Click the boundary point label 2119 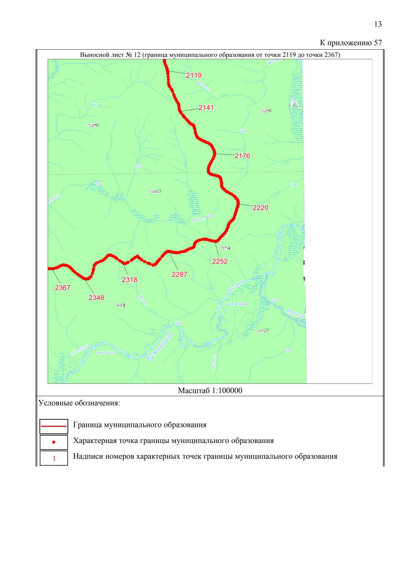point(194,76)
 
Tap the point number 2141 point(206,108)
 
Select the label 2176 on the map point(242,156)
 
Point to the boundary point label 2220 point(260,208)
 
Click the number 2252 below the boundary point(220,261)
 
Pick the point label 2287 point(179,274)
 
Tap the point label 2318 point(129,280)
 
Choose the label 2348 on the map point(96,298)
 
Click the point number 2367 point(62,288)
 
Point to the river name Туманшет point(160,347)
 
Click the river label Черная point(294,313)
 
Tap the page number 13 point(378,24)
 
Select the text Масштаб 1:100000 point(210,391)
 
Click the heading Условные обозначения point(79,403)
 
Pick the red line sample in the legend point(54,426)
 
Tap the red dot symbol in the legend point(54,442)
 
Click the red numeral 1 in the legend point(54,458)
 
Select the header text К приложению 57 point(351,43)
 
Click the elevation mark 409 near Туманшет point(178,323)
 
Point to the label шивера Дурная point(237,304)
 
